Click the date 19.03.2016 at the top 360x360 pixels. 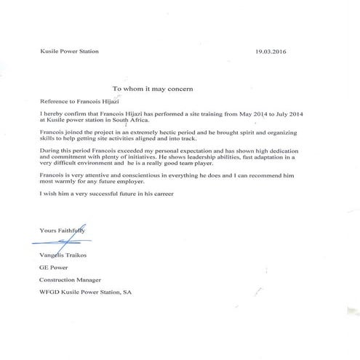tap(272, 52)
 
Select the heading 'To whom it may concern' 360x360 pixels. tap(153, 87)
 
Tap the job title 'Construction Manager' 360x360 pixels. tap(70, 280)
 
